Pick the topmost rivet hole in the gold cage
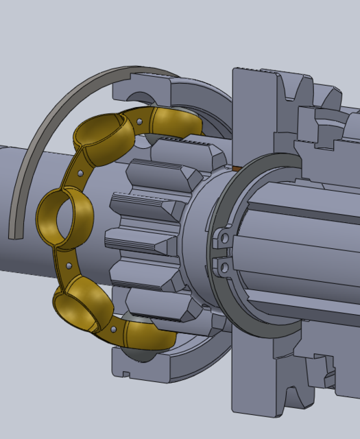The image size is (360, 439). click(x=140, y=122)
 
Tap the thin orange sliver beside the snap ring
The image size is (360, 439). click(x=235, y=167)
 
